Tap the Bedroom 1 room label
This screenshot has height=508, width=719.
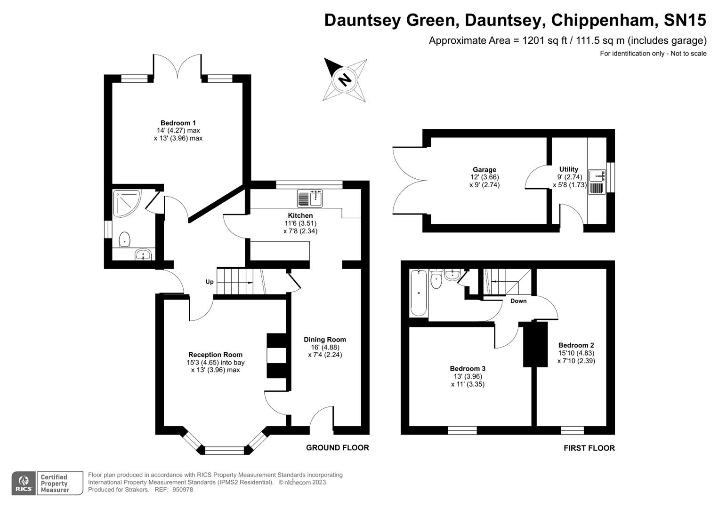(x=178, y=123)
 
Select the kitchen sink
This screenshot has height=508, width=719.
(x=310, y=198)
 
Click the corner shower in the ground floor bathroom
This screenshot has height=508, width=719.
(x=127, y=203)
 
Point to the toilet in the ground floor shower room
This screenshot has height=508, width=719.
(x=124, y=239)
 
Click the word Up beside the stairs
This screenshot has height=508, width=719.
(x=209, y=282)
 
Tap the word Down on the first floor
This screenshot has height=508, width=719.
(x=518, y=301)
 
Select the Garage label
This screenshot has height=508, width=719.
(x=485, y=170)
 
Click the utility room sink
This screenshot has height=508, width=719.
(x=597, y=182)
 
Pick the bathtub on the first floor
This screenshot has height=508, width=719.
(x=419, y=293)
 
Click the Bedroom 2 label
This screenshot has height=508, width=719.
(x=576, y=345)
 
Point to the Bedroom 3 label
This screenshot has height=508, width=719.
(x=468, y=368)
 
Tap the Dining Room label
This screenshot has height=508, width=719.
(x=325, y=339)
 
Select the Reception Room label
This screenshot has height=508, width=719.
(x=215, y=355)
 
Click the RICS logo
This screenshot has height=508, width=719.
(x=24, y=484)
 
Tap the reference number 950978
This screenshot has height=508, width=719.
(x=183, y=490)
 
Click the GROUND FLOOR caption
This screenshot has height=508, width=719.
(x=337, y=448)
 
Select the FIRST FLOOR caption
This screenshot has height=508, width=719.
(x=590, y=448)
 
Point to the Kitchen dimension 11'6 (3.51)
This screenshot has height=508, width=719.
(x=300, y=223)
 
